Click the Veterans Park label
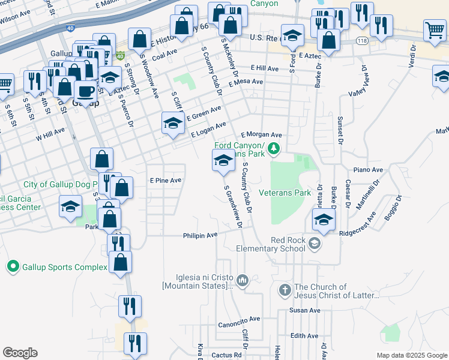coord(285,193)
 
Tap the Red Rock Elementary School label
coord(279,244)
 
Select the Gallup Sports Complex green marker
coord(13,266)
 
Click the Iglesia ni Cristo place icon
coord(243,280)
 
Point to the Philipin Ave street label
coord(200,236)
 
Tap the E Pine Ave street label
coord(166,180)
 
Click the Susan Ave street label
coord(305,310)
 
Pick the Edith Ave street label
coord(304,336)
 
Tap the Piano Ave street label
coord(368,170)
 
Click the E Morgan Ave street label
coord(261,135)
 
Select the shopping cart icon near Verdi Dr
coord(435,29)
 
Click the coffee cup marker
coord(86,92)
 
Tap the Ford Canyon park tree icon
coord(274,148)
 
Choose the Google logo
coord(20,353)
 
